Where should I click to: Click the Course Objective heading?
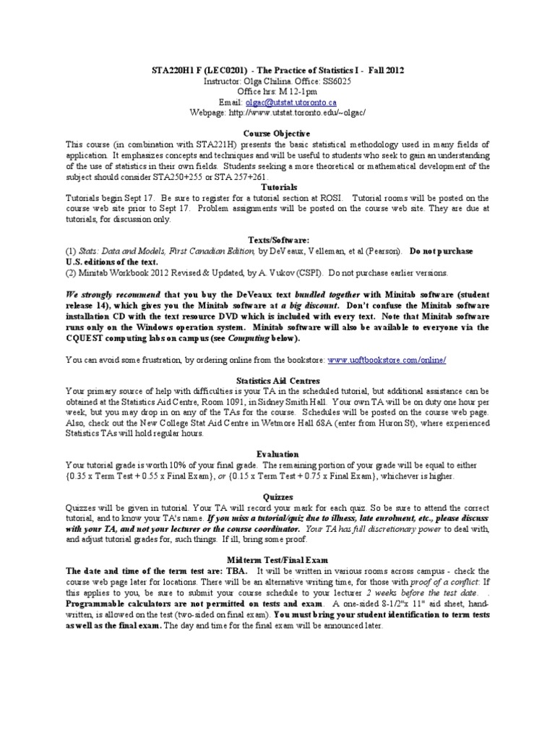click(x=277, y=134)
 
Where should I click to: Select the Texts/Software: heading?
click(x=277, y=239)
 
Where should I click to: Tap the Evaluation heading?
click(x=277, y=453)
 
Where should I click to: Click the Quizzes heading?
click(x=277, y=498)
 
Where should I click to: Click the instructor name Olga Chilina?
click(x=262, y=81)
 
